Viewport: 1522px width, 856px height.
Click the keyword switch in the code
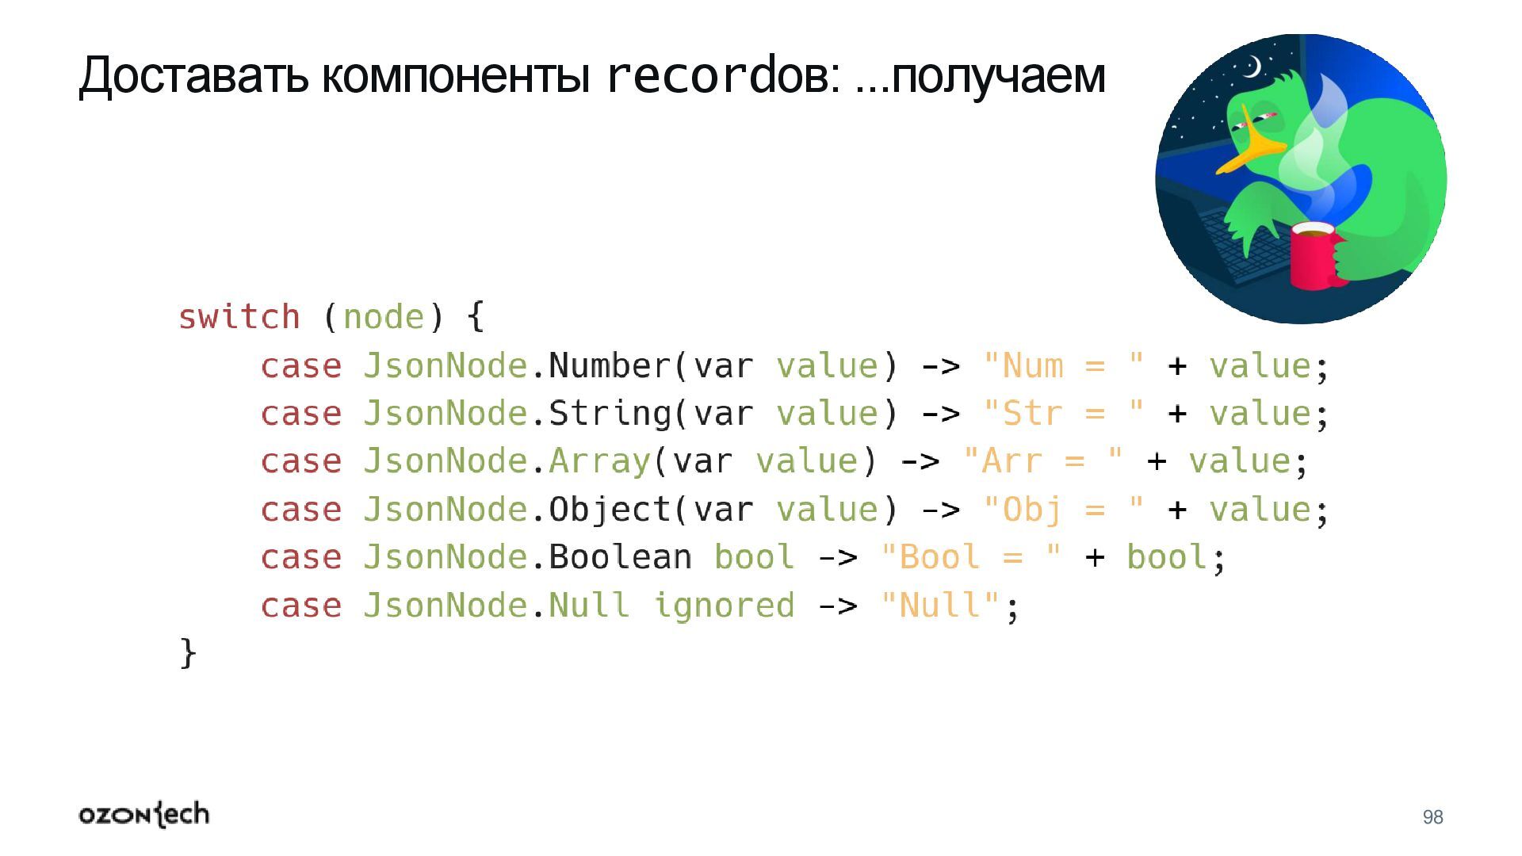coord(239,317)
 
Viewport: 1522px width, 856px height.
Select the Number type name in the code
coord(610,365)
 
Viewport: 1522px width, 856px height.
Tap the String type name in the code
coord(610,414)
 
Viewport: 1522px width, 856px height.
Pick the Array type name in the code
coord(599,461)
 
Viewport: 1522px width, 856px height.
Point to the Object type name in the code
coord(610,510)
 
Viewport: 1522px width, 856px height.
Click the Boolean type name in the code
coord(620,557)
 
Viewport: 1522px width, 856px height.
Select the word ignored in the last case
coord(723,606)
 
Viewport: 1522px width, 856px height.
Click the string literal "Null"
coord(939,606)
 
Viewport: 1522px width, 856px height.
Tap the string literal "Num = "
coord(1063,365)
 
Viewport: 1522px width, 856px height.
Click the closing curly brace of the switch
coord(188,653)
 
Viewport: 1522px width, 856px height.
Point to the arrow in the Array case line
coord(920,461)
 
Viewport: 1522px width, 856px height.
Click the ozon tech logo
coord(144,815)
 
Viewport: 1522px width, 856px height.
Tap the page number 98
coord(1432,817)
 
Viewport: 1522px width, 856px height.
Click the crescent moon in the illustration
coord(1252,68)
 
